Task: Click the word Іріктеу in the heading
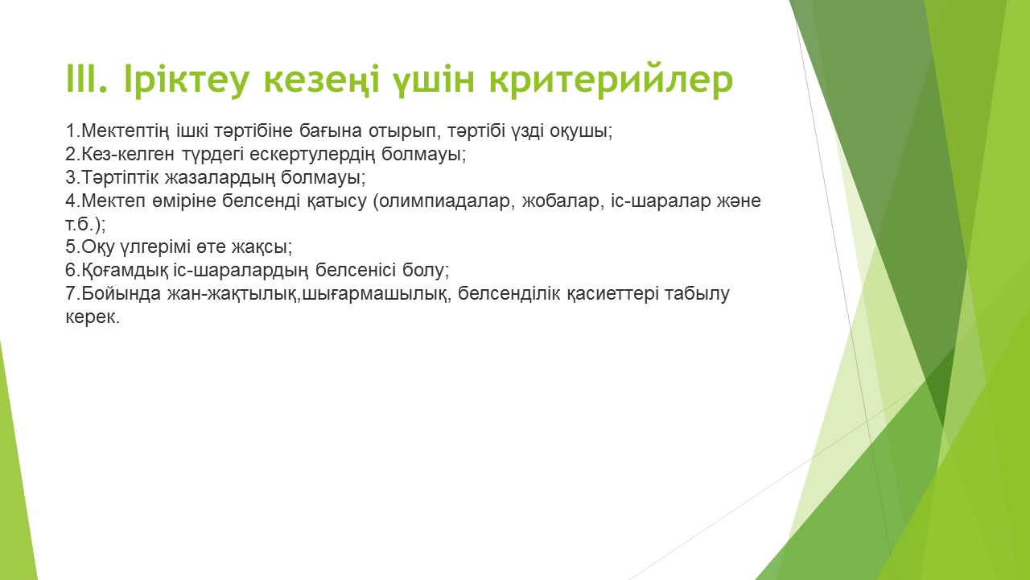pyautogui.click(x=186, y=80)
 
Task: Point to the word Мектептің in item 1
pyautogui.click(x=125, y=131)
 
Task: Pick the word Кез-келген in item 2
pyautogui.click(x=128, y=154)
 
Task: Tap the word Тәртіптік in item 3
pyautogui.click(x=120, y=177)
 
